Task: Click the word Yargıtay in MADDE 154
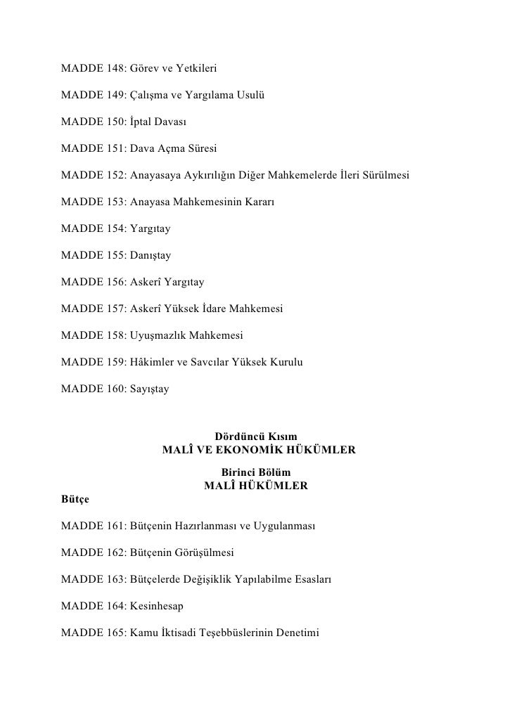coord(151,229)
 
